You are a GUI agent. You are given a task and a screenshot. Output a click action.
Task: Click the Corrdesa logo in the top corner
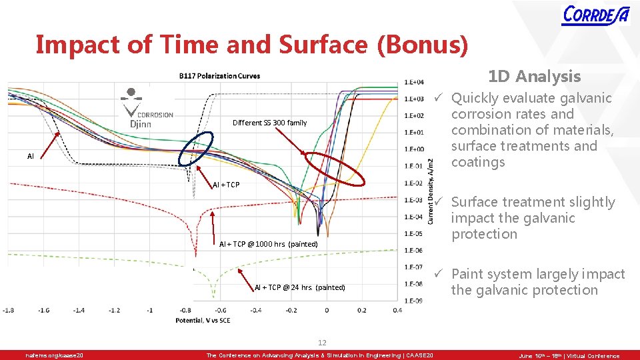[595, 15]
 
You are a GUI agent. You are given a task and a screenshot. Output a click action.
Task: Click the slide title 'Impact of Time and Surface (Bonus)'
[251, 45]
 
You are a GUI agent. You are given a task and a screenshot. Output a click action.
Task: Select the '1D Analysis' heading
[534, 77]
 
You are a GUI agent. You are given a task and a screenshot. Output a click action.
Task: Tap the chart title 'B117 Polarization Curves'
[219, 75]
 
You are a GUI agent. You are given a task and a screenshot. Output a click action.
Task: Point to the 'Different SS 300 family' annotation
[269, 123]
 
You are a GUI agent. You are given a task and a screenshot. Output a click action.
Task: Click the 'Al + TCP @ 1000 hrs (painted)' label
[268, 244]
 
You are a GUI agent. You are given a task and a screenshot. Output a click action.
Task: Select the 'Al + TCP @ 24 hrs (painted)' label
[299, 287]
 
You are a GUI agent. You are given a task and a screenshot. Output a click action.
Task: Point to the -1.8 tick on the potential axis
[9, 310]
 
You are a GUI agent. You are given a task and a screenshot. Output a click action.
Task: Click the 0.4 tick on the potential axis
[397, 310]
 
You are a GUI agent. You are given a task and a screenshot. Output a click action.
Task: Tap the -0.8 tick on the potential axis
[185, 310]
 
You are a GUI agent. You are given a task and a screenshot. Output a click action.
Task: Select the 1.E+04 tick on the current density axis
[414, 83]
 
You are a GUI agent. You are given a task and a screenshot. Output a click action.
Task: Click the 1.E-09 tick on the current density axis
[414, 301]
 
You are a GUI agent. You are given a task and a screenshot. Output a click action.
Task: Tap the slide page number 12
[322, 343]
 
